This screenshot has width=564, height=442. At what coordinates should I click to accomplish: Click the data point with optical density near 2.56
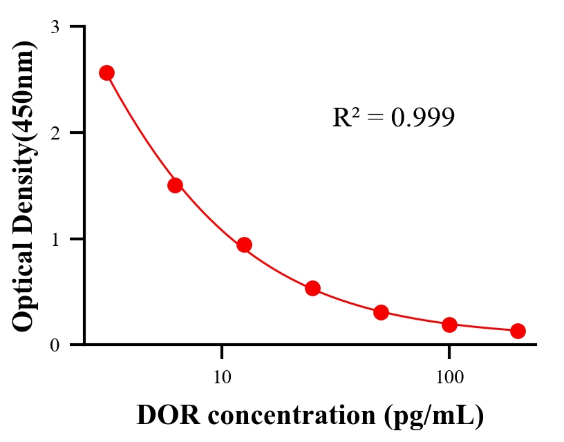(106, 73)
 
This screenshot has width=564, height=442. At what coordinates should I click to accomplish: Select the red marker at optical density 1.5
(175, 185)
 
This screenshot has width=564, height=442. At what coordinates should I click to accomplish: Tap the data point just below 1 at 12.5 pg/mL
(244, 244)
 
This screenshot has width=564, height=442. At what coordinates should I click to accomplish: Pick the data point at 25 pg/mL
(312, 288)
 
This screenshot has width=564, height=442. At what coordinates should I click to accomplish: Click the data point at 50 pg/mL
(381, 312)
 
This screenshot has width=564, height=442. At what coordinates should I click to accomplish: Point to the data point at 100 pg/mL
(449, 325)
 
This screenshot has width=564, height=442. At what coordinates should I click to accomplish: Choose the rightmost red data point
(518, 331)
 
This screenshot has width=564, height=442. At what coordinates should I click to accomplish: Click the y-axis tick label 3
(55, 27)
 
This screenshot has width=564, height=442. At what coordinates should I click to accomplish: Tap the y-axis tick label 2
(55, 133)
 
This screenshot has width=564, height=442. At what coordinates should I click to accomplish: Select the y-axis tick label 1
(55, 239)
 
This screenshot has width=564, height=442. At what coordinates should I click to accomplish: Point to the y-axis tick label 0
(55, 345)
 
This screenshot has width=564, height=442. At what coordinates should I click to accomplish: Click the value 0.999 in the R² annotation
(422, 118)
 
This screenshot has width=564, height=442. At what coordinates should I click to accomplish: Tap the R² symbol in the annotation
(344, 118)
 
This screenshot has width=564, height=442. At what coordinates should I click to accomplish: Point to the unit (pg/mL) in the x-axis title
(429, 416)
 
